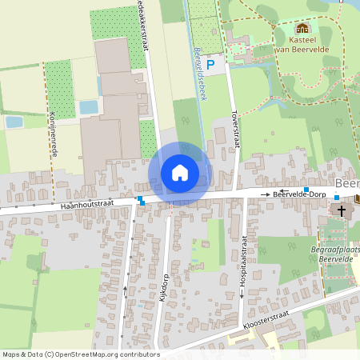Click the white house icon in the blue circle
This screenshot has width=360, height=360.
(180, 173)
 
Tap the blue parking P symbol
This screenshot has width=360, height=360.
(210, 64)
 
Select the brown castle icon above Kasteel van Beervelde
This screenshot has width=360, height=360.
(302, 28)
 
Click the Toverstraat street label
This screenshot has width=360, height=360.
(235, 128)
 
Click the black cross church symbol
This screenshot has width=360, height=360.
(342, 210)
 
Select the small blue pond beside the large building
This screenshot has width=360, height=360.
(88, 106)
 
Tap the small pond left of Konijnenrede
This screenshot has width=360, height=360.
(14, 122)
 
